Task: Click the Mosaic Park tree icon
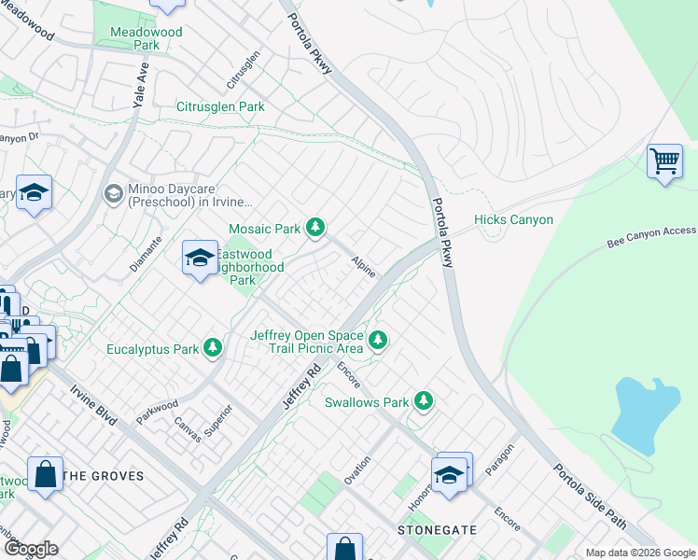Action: [316, 227]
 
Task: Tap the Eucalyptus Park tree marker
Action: [214, 348]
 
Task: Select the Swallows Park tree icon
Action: [425, 401]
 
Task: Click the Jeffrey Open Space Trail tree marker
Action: [378, 340]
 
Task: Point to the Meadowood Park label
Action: [147, 38]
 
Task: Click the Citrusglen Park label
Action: [220, 107]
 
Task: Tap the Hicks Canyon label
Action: [513, 220]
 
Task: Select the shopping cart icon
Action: [664, 161]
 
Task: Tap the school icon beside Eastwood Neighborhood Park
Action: [200, 259]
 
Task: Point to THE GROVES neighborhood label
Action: [104, 476]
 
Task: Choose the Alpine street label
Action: [364, 267]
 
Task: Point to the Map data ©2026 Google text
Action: [639, 553]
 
